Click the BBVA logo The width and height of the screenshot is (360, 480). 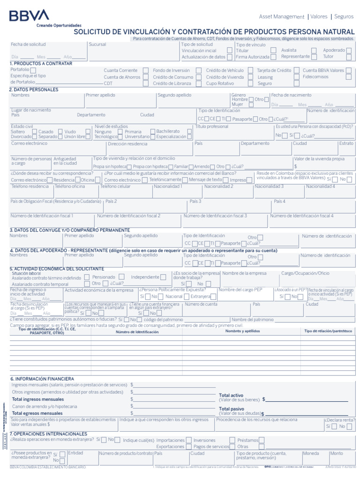click(x=29, y=15)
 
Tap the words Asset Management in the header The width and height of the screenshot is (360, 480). click(x=282, y=16)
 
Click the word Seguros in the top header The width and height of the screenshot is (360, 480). click(x=344, y=16)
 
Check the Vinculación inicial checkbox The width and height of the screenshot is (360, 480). click(x=229, y=50)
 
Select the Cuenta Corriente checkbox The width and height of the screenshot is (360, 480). click(x=146, y=70)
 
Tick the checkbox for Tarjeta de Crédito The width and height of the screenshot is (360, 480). click(x=297, y=70)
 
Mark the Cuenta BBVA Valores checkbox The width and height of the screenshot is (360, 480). click(x=348, y=70)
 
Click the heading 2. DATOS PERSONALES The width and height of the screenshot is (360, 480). click(x=34, y=90)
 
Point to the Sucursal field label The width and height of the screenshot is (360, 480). click(x=97, y=45)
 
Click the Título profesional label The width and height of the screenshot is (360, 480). click(x=212, y=127)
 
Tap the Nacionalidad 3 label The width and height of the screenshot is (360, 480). click(x=269, y=186)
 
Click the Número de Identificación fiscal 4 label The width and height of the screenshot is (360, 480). click(x=301, y=216)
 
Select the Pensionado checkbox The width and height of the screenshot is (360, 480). click(x=121, y=277)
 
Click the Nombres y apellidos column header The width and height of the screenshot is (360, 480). click(x=242, y=331)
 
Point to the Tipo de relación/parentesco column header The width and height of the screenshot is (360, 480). click(x=328, y=331)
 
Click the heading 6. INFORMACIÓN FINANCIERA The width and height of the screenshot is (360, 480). click(x=42, y=378)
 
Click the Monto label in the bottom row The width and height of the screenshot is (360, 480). click(x=336, y=453)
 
